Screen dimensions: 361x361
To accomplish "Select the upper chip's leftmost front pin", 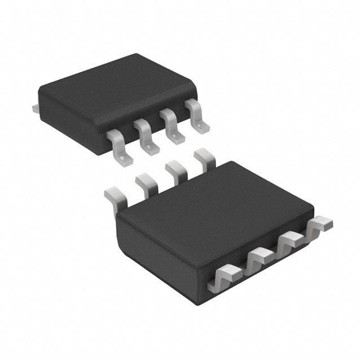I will pos(120,147).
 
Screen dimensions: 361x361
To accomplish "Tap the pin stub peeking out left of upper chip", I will pos(35,107).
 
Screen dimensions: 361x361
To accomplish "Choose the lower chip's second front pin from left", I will pos(260,258).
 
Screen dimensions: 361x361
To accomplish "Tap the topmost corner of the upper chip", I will pos(135,54).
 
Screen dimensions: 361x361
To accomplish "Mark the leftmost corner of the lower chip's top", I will pos(117,219).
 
